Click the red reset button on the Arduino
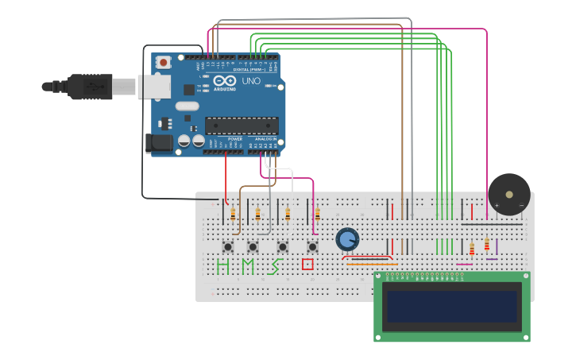coord(164,62)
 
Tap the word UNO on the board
coord(251,81)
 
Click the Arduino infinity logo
coord(225,80)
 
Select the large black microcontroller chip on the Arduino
coord(242,126)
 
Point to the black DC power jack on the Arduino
coord(160,143)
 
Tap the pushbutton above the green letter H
coord(228,246)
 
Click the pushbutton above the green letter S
coord(283,246)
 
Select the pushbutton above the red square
coord(312,246)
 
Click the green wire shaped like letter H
coord(222,265)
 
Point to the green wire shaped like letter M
coord(248,265)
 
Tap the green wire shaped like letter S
coord(276,265)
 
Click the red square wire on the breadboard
coord(307,265)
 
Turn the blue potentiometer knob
coord(347,238)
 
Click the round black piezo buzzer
coord(509,194)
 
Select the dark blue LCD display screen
coord(451,306)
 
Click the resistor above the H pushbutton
coord(233,213)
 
